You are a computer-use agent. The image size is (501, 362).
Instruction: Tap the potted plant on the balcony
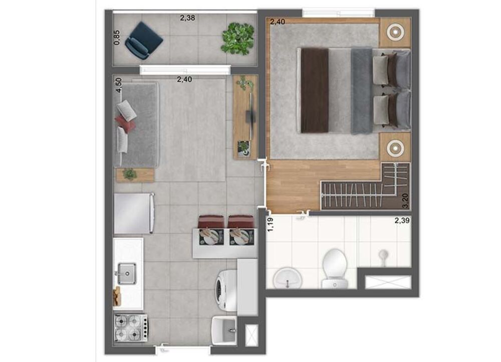(x=237, y=38)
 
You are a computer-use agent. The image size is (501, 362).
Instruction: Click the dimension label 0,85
(x=116, y=39)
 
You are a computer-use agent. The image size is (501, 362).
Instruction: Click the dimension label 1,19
(x=271, y=224)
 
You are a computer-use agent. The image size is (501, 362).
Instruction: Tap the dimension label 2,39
(x=402, y=221)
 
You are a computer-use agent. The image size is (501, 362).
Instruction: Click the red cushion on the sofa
(x=125, y=123)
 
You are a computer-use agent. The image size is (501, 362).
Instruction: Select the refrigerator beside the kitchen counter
(x=133, y=214)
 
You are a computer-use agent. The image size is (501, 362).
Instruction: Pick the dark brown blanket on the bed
(x=314, y=90)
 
